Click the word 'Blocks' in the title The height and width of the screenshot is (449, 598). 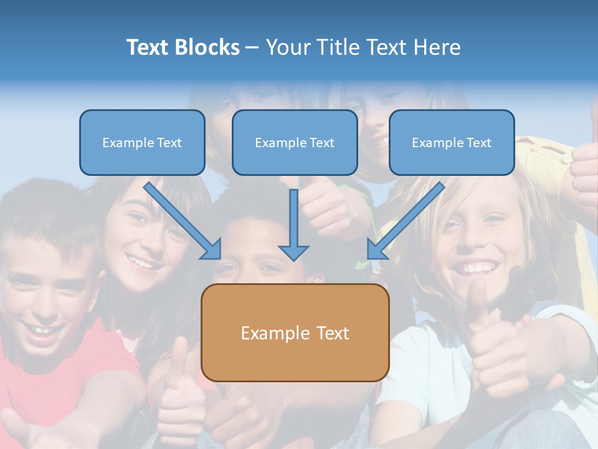pyautogui.click(x=209, y=47)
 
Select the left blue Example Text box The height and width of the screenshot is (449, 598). pyautogui.click(x=142, y=142)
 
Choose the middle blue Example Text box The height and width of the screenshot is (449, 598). pyautogui.click(x=295, y=142)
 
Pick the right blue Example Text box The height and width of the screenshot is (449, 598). pyautogui.click(x=452, y=142)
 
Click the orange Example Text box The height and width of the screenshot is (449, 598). pyautogui.click(x=295, y=332)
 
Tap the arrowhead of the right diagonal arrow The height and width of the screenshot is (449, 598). pyautogui.click(x=375, y=251)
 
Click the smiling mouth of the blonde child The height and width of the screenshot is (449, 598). pyautogui.click(x=477, y=268)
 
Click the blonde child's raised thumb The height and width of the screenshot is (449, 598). pyautogui.click(x=478, y=296)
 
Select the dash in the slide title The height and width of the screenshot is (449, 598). pyautogui.click(x=252, y=47)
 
